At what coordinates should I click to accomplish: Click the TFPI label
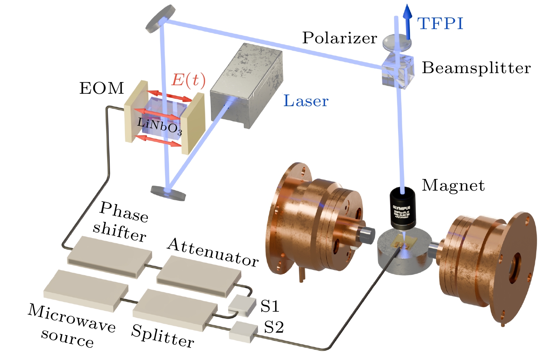[440, 24]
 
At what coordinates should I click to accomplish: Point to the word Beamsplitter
[476, 68]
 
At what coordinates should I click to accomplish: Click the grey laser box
[247, 85]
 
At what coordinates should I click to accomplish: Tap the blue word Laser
[306, 101]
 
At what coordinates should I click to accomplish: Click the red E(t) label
[188, 80]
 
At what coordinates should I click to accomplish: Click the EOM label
[102, 88]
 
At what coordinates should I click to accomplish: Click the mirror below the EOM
[168, 192]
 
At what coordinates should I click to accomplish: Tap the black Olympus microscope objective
[403, 208]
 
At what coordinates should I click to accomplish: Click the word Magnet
[453, 185]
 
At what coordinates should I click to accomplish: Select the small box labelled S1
[242, 305]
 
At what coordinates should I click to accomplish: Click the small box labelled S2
[243, 332]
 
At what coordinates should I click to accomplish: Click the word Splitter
[163, 336]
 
